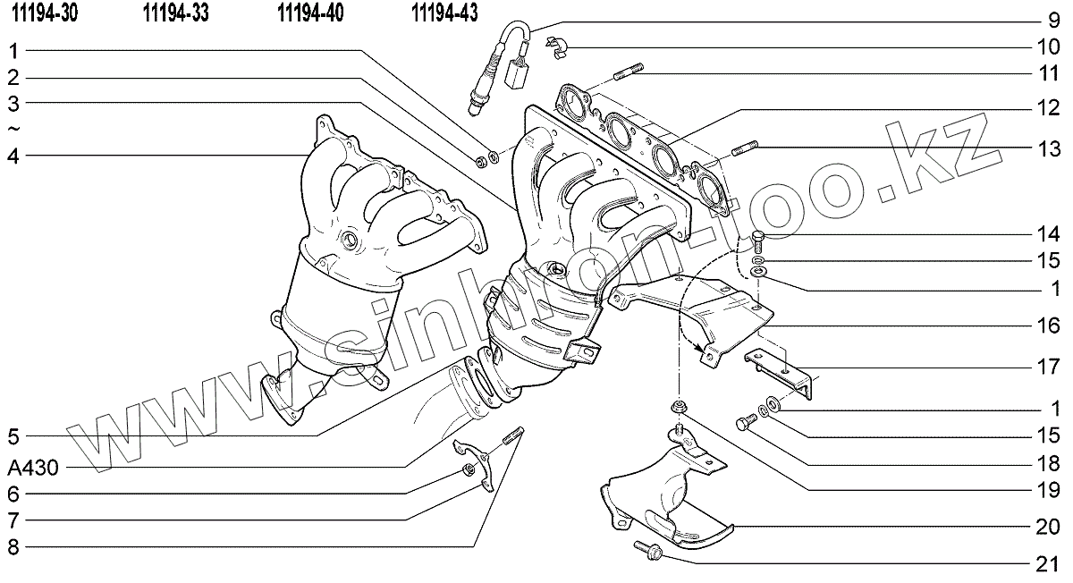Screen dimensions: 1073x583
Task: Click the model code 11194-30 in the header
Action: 45,13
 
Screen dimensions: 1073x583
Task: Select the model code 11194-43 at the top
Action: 444,13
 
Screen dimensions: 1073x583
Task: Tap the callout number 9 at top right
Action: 1053,21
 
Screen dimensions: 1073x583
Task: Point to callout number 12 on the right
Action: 1048,109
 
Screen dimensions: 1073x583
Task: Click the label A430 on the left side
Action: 33,468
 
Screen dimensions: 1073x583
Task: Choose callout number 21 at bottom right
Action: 1048,565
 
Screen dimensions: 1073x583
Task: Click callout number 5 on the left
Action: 13,437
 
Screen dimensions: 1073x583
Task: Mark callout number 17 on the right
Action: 1048,368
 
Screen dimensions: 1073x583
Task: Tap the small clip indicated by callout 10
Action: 555,48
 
